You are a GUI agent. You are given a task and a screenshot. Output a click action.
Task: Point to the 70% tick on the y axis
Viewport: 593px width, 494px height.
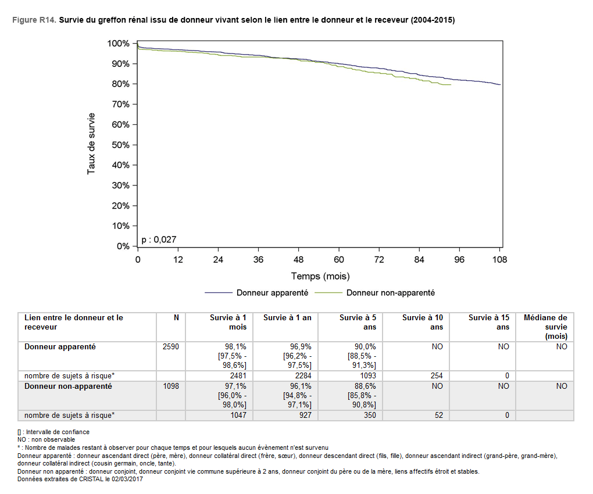click(135, 105)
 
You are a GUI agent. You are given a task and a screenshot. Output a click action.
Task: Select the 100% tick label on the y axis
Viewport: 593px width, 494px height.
click(119, 44)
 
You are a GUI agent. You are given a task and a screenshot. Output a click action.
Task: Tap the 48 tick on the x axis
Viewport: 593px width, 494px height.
click(299, 248)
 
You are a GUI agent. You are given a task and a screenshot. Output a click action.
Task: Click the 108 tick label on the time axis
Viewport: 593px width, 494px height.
click(499, 260)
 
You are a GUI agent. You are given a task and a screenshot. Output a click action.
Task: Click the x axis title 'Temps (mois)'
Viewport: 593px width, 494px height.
click(320, 276)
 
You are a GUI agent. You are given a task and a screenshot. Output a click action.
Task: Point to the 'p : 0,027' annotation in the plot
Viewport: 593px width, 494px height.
click(159, 239)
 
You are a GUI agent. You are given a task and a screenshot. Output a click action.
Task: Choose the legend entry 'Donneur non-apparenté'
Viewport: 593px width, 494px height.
click(390, 293)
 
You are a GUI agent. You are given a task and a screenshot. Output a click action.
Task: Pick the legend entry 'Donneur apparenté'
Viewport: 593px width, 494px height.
click(272, 293)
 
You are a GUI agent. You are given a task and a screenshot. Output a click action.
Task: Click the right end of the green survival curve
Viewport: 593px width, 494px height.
click(451, 85)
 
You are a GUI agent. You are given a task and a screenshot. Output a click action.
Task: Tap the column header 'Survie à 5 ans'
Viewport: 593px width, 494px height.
click(358, 323)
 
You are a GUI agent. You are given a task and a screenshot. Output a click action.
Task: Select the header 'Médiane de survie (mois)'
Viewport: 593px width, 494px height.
click(545, 327)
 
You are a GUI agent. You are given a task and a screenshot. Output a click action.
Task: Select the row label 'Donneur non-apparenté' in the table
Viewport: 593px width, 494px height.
click(68, 386)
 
